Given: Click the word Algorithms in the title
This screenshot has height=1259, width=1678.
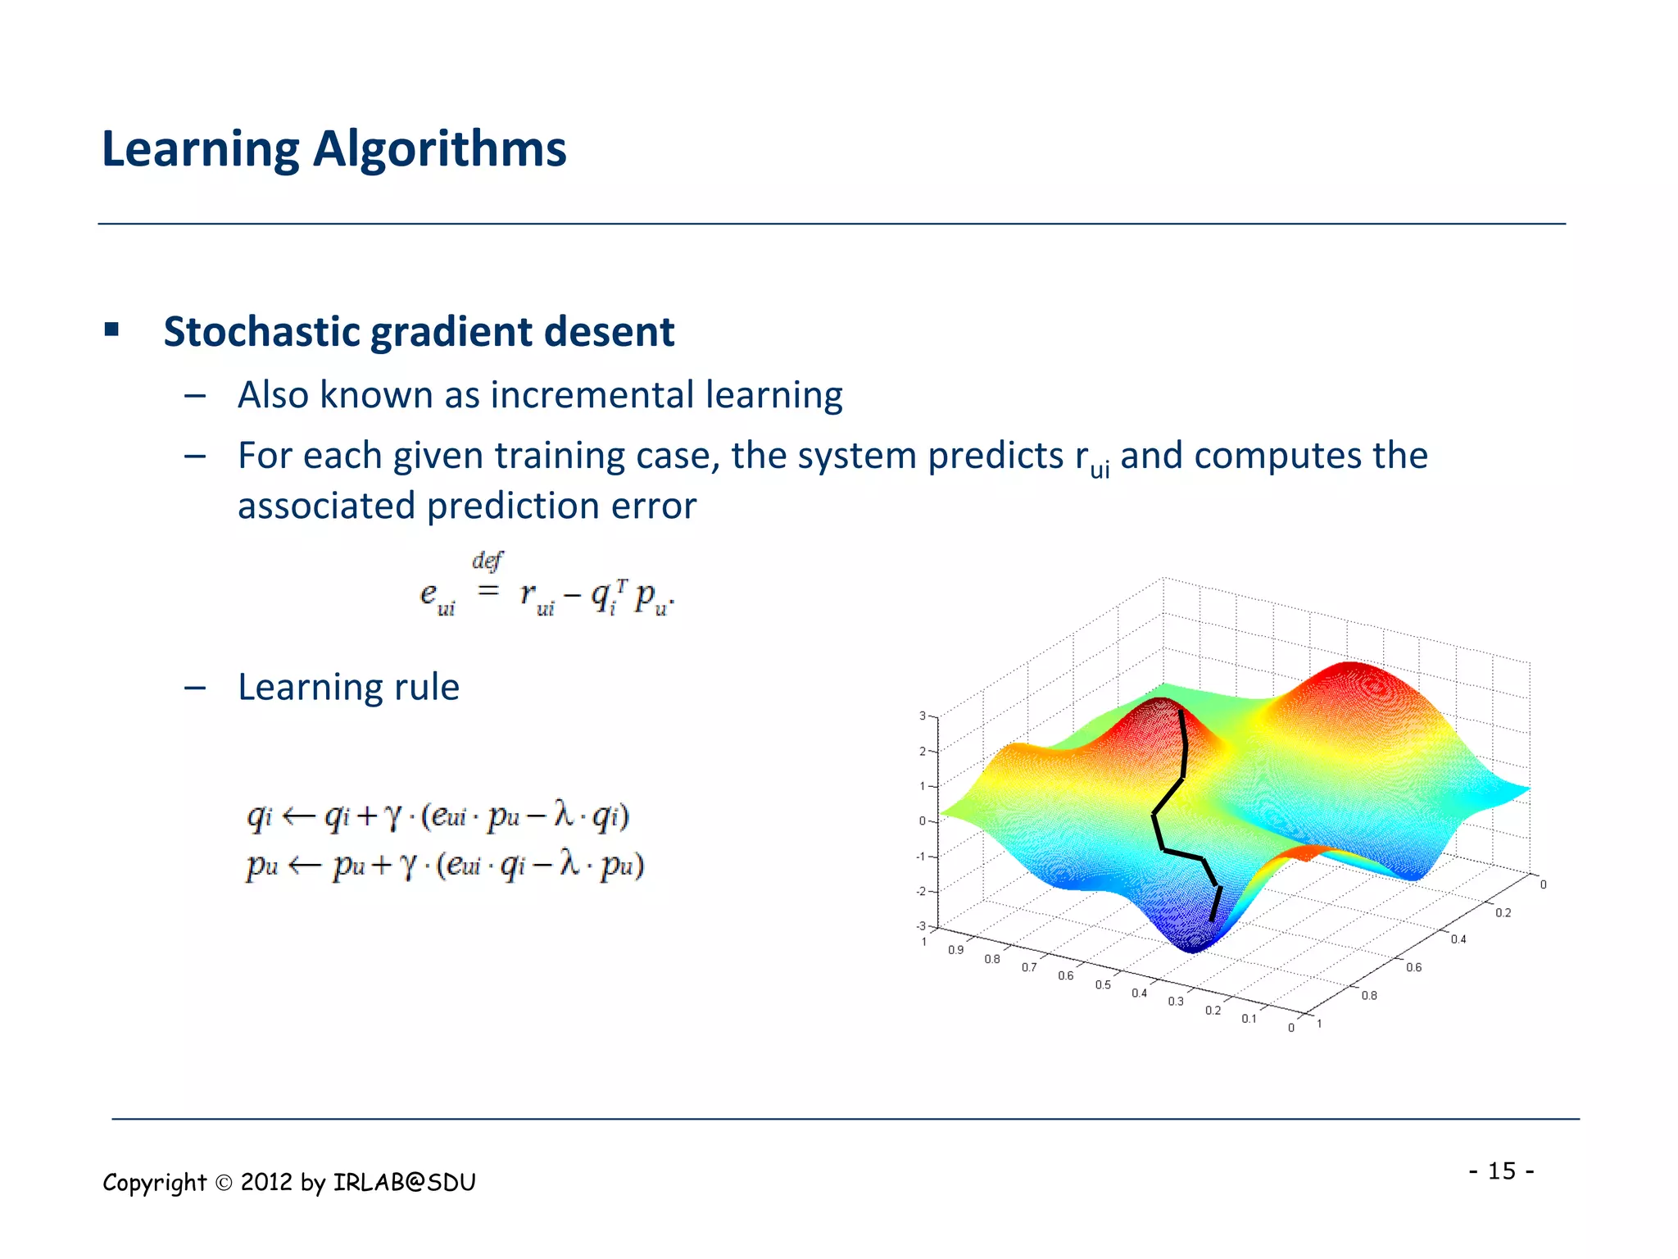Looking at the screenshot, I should [439, 151].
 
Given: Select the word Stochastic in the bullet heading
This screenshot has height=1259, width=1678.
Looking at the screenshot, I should [261, 332].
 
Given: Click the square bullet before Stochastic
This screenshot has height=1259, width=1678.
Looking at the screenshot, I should [112, 330].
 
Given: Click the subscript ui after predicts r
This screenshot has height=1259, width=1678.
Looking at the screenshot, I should [1100, 470].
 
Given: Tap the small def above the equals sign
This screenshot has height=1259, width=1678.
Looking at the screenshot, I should [487, 561].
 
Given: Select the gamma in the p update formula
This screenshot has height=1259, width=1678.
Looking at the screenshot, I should [409, 866].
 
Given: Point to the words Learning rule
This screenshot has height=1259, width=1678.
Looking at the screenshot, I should [348, 687].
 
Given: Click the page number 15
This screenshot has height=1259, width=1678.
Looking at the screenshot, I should [1501, 1170].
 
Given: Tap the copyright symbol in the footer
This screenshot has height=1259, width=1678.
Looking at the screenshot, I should [224, 1183].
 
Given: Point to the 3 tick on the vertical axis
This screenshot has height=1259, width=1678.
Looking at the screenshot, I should [923, 716].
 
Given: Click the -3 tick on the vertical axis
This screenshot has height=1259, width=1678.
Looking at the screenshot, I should [921, 926].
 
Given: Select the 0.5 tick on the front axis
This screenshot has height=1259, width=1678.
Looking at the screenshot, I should [1103, 984].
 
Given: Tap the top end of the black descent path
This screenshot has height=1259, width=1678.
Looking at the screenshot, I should [1180, 711].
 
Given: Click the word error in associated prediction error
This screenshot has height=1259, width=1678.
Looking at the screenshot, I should [659, 506].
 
